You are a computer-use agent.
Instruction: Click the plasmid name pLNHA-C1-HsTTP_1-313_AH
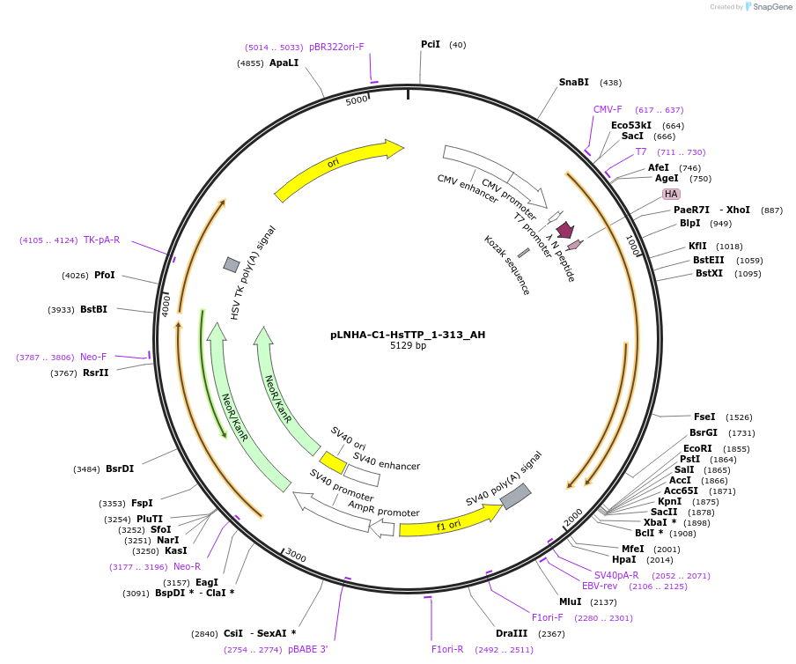(x=408, y=335)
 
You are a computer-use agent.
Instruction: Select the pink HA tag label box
(x=671, y=194)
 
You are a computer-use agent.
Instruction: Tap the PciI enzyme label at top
(x=431, y=44)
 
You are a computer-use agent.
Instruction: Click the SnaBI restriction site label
(x=574, y=82)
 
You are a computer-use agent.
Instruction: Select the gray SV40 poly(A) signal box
(x=515, y=497)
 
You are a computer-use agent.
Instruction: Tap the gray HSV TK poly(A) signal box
(x=232, y=264)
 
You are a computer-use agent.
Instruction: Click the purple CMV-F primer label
(x=608, y=109)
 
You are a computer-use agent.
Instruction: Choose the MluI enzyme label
(x=571, y=601)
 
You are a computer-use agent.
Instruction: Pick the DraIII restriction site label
(x=511, y=633)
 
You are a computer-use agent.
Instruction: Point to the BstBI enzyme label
(x=93, y=309)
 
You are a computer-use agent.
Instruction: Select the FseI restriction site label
(x=704, y=417)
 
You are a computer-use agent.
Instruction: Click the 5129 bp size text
(x=408, y=346)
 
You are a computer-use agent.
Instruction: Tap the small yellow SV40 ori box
(x=333, y=462)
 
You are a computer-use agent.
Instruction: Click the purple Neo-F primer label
(x=93, y=357)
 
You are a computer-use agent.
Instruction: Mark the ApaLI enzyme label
(x=284, y=63)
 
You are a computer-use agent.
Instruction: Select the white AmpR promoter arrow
(x=381, y=528)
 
